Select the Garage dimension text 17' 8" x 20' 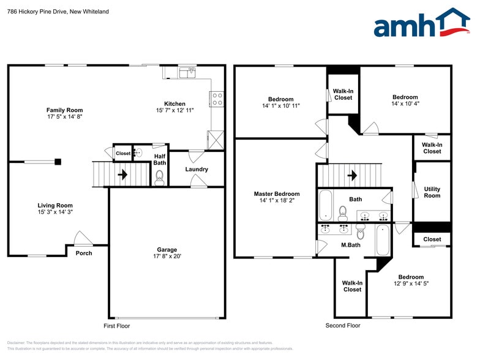tap(167, 257)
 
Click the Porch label tap(84, 253)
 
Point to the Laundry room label tap(197, 170)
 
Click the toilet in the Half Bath tap(160, 178)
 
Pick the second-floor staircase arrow tap(352, 175)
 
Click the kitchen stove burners tap(217, 99)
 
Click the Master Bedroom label tap(277, 194)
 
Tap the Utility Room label tap(432, 192)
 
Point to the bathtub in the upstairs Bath tap(325, 204)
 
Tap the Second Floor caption tap(343, 326)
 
